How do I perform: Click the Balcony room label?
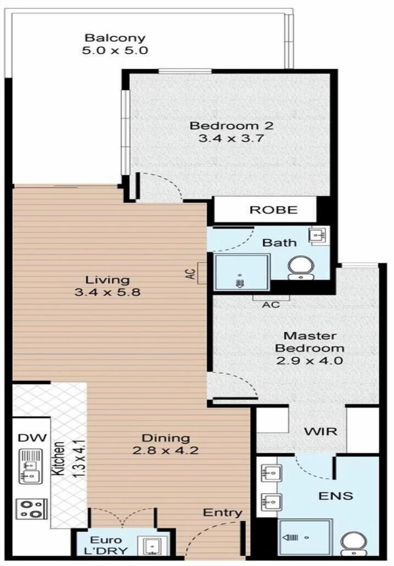(x=115, y=38)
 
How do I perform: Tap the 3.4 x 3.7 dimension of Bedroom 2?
(x=231, y=138)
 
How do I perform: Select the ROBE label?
(x=273, y=210)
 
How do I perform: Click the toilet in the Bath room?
(x=301, y=268)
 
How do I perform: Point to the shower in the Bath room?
(x=242, y=273)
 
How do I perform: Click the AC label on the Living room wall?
(x=192, y=274)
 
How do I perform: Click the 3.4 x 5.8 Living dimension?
(x=108, y=292)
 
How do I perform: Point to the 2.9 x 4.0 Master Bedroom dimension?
(x=309, y=360)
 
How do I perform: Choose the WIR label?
(x=321, y=431)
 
